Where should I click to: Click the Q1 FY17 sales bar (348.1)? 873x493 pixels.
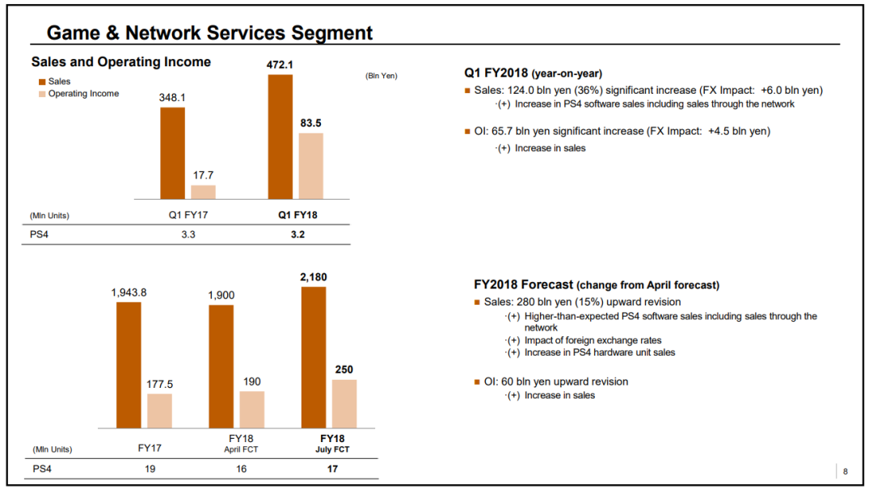point(173,153)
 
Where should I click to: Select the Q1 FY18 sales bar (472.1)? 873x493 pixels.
point(280,137)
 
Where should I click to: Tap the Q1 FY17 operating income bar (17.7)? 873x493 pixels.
point(203,192)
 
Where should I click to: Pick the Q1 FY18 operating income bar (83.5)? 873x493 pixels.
point(310,166)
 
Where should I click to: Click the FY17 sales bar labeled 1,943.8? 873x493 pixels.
point(129,365)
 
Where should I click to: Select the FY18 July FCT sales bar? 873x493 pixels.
point(314,357)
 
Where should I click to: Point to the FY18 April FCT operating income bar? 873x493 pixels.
point(251,410)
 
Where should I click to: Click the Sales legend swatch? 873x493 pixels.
point(42,82)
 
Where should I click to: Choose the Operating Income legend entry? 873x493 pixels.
point(78,94)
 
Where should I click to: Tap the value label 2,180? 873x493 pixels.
point(314,277)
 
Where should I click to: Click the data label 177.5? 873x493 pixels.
point(160,385)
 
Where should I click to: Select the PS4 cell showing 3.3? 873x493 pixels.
point(188,234)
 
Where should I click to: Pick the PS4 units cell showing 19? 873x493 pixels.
point(150,469)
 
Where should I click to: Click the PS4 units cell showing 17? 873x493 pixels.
point(332,469)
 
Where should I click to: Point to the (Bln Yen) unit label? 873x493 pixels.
point(382,76)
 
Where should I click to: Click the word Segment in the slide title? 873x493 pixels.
point(332,33)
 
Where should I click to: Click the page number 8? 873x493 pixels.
point(846,471)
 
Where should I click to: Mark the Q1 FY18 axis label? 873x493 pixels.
point(297,215)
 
